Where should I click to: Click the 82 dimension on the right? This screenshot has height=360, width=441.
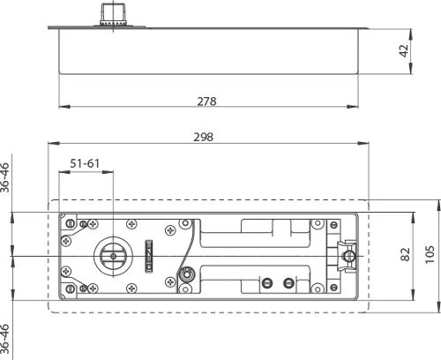click(406, 254)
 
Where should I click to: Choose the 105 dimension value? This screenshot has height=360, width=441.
click(430, 254)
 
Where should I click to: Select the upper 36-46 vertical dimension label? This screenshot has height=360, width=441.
click(6, 176)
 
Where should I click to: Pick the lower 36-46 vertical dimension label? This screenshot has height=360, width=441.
click(6, 340)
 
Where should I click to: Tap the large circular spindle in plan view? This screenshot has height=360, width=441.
click(113, 257)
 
